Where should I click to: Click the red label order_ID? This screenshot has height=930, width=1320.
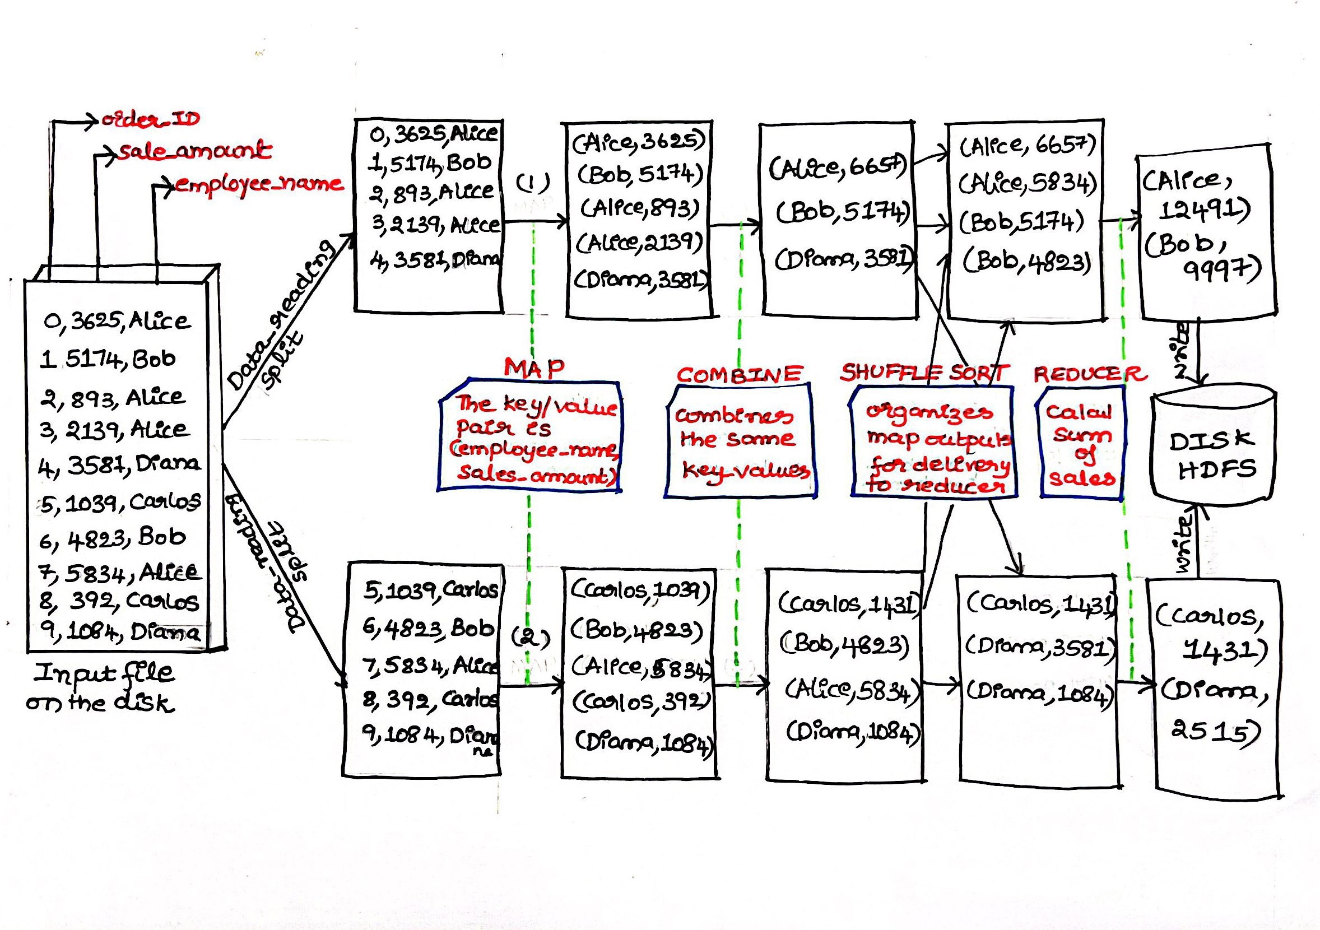pyautogui.click(x=151, y=119)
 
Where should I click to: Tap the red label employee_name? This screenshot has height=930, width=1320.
pyautogui.click(x=259, y=184)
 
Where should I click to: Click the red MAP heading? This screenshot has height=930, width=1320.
pyautogui.click(x=534, y=368)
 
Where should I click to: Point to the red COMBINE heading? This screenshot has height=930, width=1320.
pyautogui.click(x=740, y=374)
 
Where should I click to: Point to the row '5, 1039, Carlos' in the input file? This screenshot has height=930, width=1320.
pyautogui.click(x=120, y=503)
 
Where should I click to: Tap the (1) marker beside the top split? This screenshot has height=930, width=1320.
pyautogui.click(x=532, y=183)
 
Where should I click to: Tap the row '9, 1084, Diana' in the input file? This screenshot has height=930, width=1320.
pyautogui.click(x=120, y=633)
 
